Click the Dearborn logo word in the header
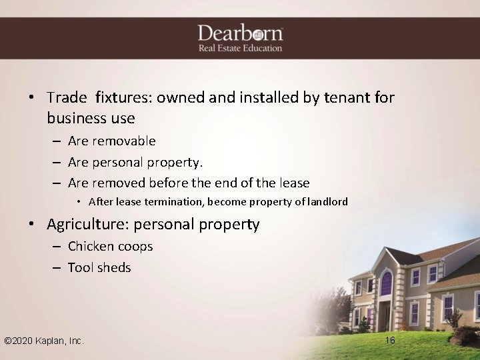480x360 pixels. pyautogui.click(x=240, y=33)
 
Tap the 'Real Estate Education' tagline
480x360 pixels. pyautogui.click(x=240, y=48)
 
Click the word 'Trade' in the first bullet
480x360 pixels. pyautogui.click(x=67, y=98)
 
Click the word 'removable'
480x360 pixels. pyautogui.click(x=125, y=141)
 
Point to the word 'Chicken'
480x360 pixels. pyautogui.click(x=91, y=247)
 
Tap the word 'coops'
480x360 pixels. pyautogui.click(x=135, y=247)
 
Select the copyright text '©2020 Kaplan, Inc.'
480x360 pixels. pyautogui.click(x=44, y=341)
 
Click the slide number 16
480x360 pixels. pyautogui.click(x=391, y=341)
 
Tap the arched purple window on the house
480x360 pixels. pyautogui.click(x=386, y=283)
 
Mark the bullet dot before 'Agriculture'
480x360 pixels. pyautogui.click(x=31, y=225)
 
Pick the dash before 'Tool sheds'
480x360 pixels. pyautogui.click(x=55, y=268)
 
